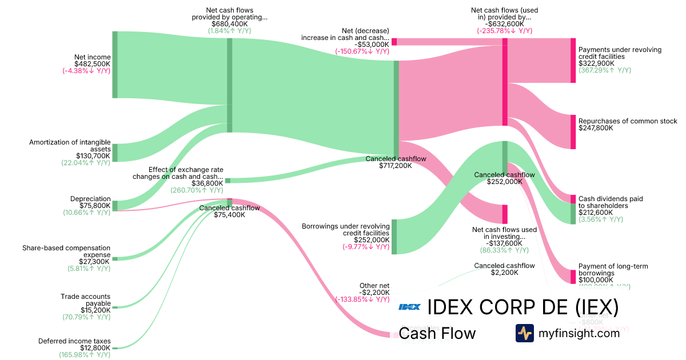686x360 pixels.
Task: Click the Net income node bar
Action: [x=115, y=65]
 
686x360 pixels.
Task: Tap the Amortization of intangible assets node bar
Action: [x=115, y=153]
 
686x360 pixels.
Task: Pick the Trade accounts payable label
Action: [x=86, y=300]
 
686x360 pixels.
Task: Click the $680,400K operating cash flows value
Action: [x=230, y=24]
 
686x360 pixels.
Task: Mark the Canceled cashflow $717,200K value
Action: [x=396, y=166]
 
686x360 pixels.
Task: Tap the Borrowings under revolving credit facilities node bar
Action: [x=394, y=237]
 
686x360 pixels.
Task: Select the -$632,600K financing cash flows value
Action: [x=504, y=24]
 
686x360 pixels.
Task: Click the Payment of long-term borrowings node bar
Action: [x=573, y=277]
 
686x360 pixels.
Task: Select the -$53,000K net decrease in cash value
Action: [x=372, y=44]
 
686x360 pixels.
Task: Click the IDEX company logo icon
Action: [x=409, y=307]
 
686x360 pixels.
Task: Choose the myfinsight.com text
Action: [x=579, y=333]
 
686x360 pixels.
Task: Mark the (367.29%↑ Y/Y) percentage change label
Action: [x=605, y=70]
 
